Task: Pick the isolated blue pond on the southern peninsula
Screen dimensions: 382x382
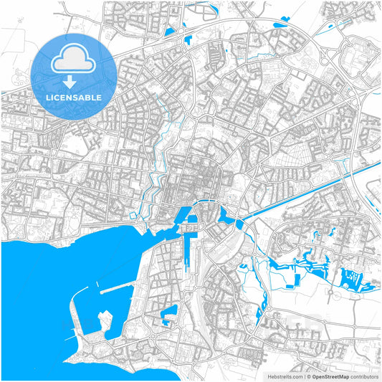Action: point(169,313)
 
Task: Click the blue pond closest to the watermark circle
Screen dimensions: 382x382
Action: point(170,32)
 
